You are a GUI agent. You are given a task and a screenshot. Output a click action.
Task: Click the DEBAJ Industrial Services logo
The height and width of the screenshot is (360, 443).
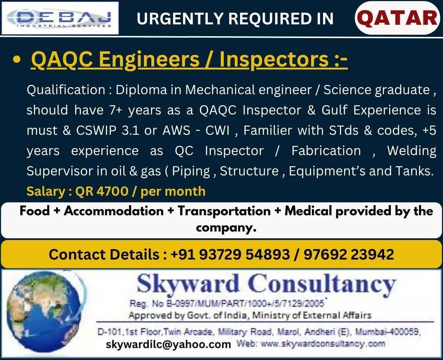click(x=60, y=18)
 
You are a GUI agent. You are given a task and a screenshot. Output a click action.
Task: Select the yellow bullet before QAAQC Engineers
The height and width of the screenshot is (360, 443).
click(x=17, y=60)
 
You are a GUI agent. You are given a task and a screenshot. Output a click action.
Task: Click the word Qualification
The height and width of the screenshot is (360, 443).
click(x=66, y=90)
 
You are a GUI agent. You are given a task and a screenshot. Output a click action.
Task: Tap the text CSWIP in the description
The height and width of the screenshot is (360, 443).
click(x=96, y=130)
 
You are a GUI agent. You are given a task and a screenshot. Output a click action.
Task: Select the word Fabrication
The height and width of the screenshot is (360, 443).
click(x=326, y=150)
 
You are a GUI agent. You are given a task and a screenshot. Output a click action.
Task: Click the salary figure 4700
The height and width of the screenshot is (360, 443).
click(x=112, y=191)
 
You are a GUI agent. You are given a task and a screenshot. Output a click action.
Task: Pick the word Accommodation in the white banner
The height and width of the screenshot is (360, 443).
click(x=114, y=211)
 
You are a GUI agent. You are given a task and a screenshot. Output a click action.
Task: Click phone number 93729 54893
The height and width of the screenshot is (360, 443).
click(x=245, y=254)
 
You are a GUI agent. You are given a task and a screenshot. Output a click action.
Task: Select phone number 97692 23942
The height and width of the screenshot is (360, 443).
click(x=349, y=254)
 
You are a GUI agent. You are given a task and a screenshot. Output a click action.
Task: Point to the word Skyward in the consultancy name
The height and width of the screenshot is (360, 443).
click(x=188, y=284)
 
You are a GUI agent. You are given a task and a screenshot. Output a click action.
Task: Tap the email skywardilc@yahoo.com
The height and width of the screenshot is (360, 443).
click(x=168, y=344)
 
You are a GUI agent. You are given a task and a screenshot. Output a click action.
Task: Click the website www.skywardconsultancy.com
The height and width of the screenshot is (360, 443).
click(x=323, y=344)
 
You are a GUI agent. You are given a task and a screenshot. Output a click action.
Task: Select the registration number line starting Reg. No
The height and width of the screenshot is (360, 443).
click(x=227, y=304)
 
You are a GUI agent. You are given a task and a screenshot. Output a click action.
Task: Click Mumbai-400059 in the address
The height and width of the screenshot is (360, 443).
click(x=388, y=332)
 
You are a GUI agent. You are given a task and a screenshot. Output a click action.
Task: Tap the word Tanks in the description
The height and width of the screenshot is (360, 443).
click(x=414, y=171)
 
